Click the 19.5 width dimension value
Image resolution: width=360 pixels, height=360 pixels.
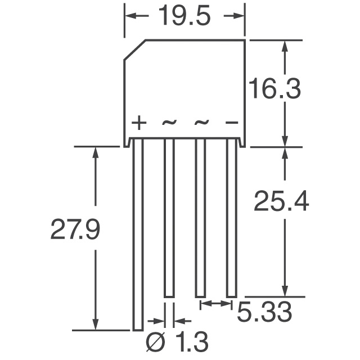point(184,17)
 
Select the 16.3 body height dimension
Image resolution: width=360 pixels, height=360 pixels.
point(275,89)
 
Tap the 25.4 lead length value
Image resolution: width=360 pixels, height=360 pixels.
point(281,201)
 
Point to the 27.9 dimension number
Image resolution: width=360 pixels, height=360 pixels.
point(75,230)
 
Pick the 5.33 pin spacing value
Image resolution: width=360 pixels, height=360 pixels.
point(264,312)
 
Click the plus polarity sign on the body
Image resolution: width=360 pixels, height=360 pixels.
point(138,123)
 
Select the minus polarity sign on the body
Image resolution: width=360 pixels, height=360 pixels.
point(231,123)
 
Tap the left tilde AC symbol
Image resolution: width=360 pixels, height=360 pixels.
point(169,122)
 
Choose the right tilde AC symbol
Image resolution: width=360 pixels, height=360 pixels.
point(201,122)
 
